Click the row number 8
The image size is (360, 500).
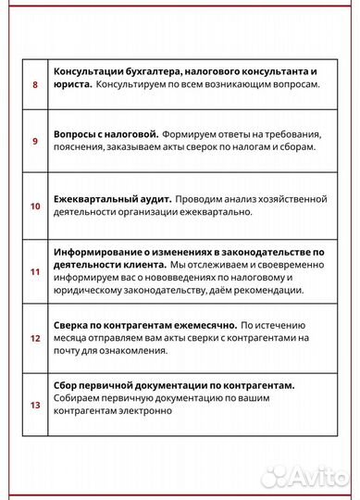[35, 84]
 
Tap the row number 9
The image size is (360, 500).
[35, 141]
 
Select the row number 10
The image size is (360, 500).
[35, 206]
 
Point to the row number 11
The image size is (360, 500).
[35, 272]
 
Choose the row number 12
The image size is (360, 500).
[35, 339]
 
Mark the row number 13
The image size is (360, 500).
[35, 405]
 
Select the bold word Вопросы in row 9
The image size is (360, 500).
[78, 133]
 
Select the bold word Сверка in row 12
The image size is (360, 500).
[75, 326]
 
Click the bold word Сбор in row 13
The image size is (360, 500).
[69, 385]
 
